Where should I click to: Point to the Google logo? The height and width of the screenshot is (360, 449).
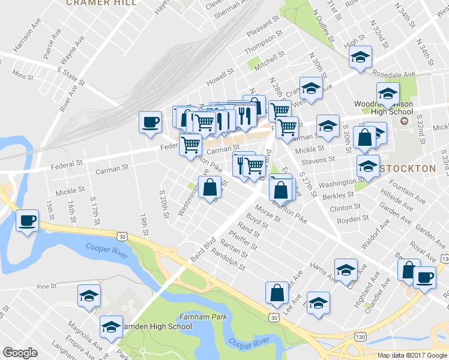pos(20,353)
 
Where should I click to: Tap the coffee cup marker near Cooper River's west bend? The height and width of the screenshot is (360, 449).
pos(27,221)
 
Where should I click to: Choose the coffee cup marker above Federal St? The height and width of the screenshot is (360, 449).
pos(150,122)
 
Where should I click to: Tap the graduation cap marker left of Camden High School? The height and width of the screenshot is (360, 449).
pos(89,296)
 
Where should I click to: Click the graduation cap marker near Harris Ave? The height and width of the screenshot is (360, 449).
pos(346,271)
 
